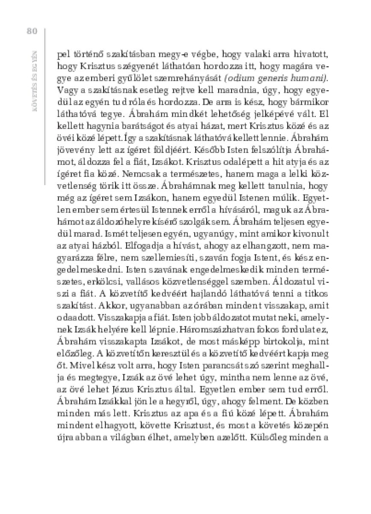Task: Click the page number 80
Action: click(33, 31)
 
